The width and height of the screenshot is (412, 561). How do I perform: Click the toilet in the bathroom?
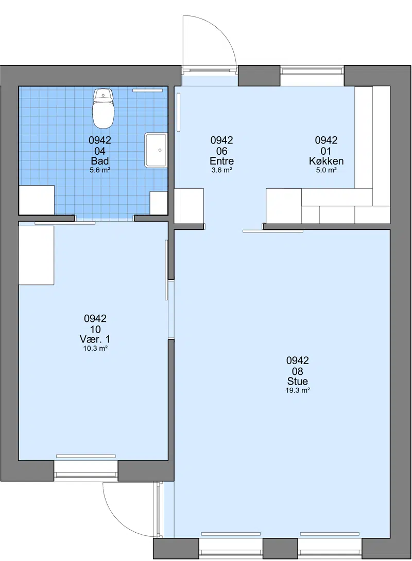pyautogui.click(x=104, y=108)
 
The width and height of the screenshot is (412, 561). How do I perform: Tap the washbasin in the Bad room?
pyautogui.click(x=156, y=150)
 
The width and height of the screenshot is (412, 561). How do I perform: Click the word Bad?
pyautogui.click(x=100, y=161)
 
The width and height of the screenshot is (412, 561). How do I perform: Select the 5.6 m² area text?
pyautogui.click(x=100, y=170)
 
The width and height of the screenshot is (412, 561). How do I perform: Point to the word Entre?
pyautogui.click(x=222, y=161)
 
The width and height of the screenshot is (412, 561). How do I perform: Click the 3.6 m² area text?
pyautogui.click(x=222, y=170)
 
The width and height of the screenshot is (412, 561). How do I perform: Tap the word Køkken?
pyautogui.click(x=327, y=161)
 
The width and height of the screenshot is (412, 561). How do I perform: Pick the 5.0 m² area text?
pyautogui.click(x=327, y=170)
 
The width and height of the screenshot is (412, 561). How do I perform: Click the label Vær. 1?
pyautogui.click(x=95, y=339)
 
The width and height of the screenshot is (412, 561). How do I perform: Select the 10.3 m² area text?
pyautogui.click(x=96, y=349)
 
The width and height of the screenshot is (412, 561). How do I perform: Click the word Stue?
pyautogui.click(x=298, y=381)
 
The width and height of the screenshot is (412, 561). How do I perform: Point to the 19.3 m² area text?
pyautogui.click(x=298, y=390)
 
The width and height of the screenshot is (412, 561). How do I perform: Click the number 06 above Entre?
pyautogui.click(x=222, y=151)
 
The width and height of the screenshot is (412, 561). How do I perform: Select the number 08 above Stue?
pyautogui.click(x=298, y=371)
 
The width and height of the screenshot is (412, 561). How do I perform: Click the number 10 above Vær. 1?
pyautogui.click(x=95, y=329)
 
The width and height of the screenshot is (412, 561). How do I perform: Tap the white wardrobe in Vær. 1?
pyautogui.click(x=36, y=256)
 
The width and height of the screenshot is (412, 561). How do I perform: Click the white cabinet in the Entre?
pyautogui.click(x=189, y=206)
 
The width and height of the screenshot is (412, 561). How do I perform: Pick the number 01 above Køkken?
pyautogui.click(x=326, y=151)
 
